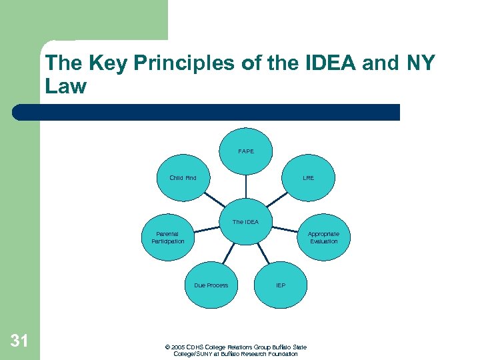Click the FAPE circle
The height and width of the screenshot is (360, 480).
coord(246,151)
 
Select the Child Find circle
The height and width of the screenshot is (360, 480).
coord(183,178)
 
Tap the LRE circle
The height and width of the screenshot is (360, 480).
coord(308,178)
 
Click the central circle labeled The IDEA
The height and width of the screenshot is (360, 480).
coord(245,222)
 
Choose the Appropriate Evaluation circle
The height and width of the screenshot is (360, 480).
coord(323,237)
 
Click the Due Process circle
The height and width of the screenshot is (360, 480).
coord(211,285)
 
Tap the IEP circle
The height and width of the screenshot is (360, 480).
coord(281,285)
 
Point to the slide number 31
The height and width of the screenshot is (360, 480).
coord(19,341)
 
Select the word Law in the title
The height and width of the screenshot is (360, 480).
coord(65,87)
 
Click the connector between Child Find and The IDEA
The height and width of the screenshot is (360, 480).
coord(215,201)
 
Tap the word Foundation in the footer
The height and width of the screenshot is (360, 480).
coord(283,354)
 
